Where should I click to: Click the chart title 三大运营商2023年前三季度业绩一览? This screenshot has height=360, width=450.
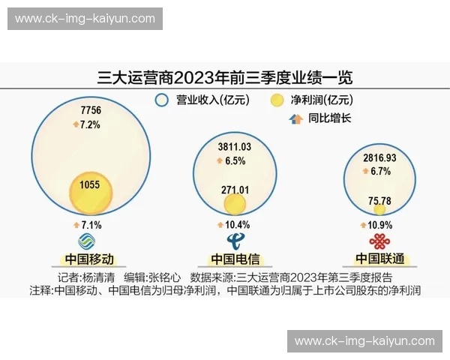click(x=225, y=76)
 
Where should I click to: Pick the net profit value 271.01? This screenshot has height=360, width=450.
click(x=235, y=190)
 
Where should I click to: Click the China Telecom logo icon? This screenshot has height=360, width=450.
click(x=235, y=241)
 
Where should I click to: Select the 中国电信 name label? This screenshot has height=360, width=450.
click(x=235, y=259)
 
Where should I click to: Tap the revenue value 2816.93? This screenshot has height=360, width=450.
click(x=379, y=158)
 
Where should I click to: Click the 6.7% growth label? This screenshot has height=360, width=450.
click(x=379, y=171)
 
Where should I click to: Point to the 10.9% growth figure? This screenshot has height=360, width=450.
click(x=379, y=225)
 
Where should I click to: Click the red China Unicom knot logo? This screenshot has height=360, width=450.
click(x=379, y=241)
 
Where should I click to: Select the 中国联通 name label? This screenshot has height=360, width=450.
click(x=379, y=259)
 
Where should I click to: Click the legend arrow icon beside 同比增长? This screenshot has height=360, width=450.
click(x=294, y=118)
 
